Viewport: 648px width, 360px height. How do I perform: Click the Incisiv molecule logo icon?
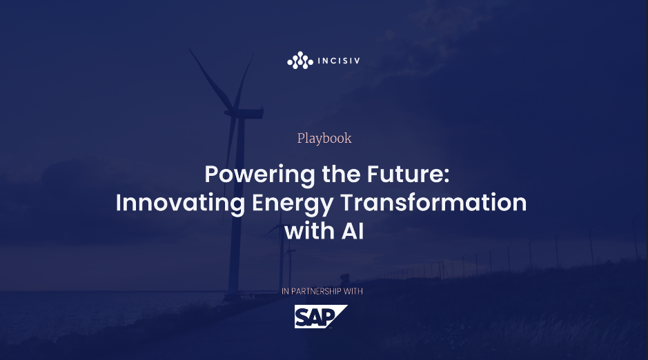[299, 61]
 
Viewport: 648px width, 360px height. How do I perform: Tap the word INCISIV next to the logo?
[337, 61]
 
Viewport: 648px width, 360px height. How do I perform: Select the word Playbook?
[324, 138]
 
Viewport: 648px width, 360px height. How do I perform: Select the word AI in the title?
[351, 231]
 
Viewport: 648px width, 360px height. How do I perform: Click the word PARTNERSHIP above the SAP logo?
[317, 292]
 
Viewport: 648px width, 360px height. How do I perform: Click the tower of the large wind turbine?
[239, 207]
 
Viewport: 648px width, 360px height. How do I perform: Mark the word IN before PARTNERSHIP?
[286, 292]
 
